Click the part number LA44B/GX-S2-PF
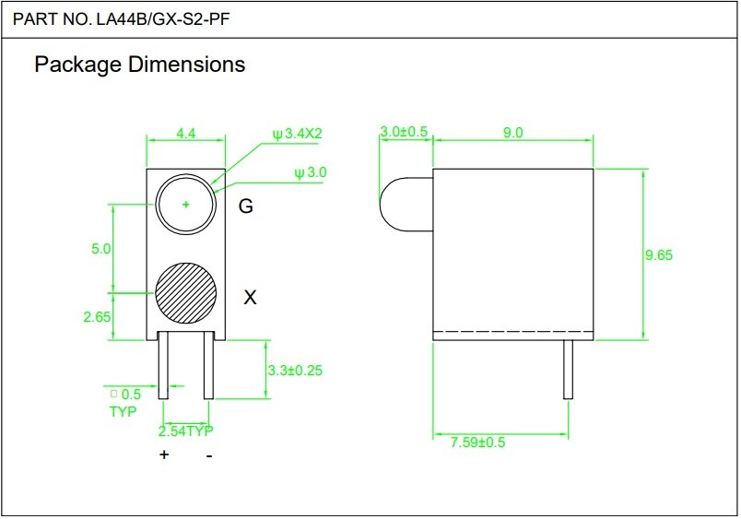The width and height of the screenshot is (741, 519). [x=163, y=19]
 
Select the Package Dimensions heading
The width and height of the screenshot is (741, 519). [x=140, y=65]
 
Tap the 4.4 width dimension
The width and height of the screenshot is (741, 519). [x=186, y=134]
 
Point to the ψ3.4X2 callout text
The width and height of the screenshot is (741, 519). [x=298, y=134]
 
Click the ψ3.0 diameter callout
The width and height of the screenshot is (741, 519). [x=311, y=172]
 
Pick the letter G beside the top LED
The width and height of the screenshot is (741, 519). [x=246, y=206]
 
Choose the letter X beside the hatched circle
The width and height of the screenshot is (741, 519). [x=250, y=298]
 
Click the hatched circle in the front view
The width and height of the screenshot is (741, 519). [x=186, y=293]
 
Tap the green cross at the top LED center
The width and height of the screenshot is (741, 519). [x=186, y=205]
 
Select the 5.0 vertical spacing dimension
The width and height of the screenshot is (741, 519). [x=100, y=249]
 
